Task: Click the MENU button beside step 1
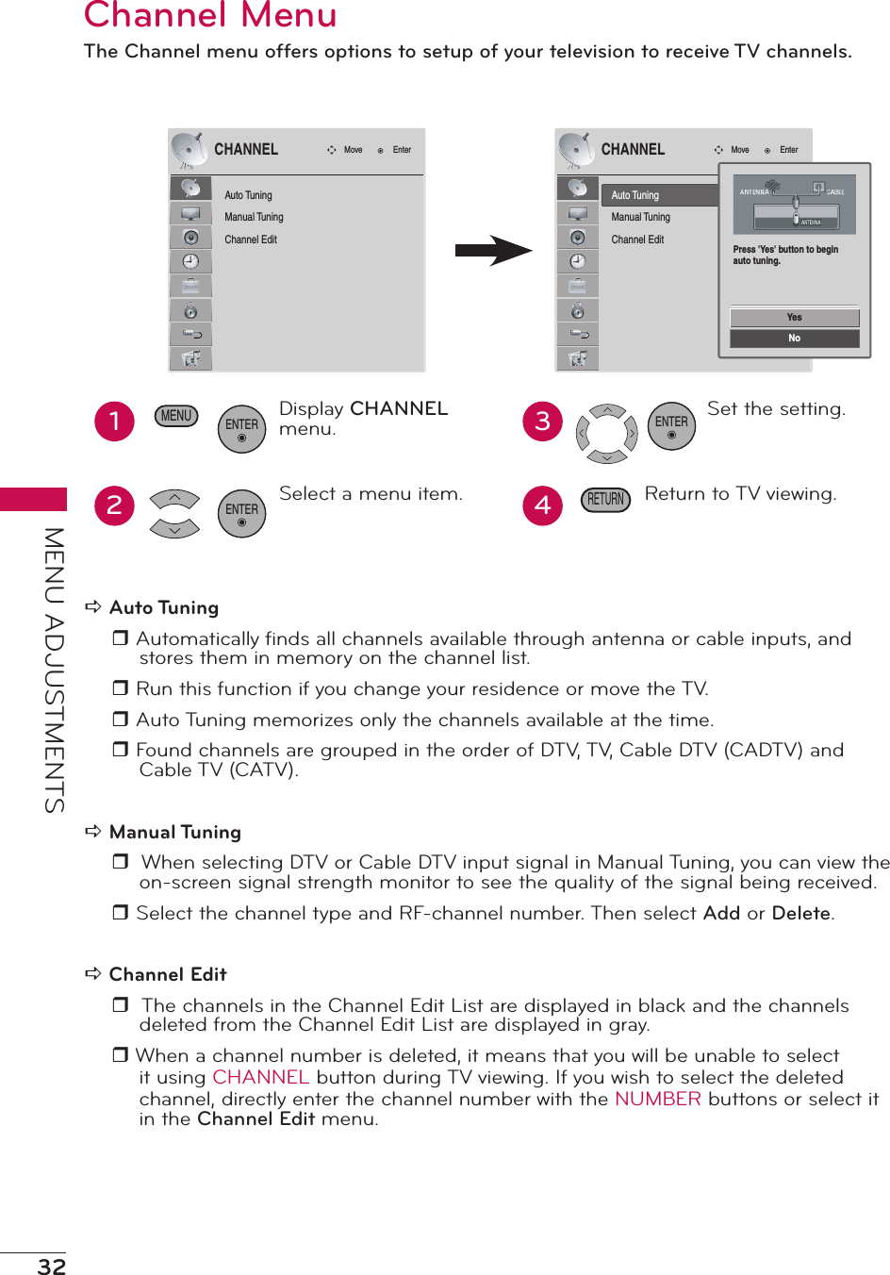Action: click(x=176, y=416)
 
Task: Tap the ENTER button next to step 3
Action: click(x=671, y=426)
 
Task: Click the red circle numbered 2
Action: click(x=115, y=505)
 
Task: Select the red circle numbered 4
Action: click(x=543, y=505)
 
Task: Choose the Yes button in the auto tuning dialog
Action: click(x=794, y=318)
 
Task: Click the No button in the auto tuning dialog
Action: click(x=794, y=339)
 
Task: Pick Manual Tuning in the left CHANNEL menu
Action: click(x=254, y=217)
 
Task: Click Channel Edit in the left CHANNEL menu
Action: click(x=251, y=240)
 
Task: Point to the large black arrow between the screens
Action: click(x=493, y=251)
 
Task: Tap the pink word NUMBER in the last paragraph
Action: click(x=657, y=1099)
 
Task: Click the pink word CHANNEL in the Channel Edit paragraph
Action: click(x=260, y=1077)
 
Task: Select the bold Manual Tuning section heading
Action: click(x=175, y=832)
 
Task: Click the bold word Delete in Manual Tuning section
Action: click(x=800, y=913)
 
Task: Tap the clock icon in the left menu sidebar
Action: click(x=190, y=261)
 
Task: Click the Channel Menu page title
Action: click(x=210, y=16)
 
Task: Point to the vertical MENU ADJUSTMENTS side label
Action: click(x=55, y=670)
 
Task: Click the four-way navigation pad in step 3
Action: click(x=607, y=434)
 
